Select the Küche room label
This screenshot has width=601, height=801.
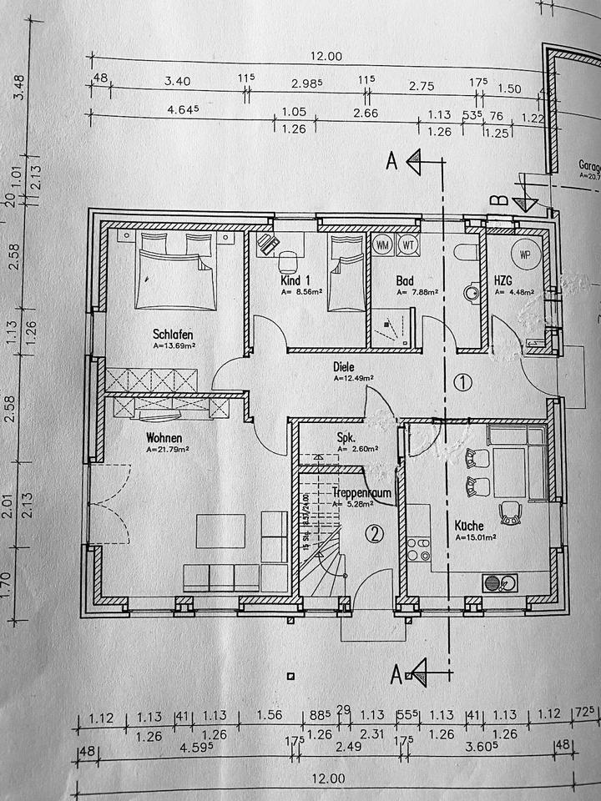(472, 526)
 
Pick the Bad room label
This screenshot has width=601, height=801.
(405, 281)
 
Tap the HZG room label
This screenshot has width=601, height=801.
(503, 281)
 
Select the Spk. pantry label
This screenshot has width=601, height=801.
(346, 436)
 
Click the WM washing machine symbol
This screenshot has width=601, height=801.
(383, 244)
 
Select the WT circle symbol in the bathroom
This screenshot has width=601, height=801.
(407, 244)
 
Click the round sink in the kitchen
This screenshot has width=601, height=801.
(491, 582)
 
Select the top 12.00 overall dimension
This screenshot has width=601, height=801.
(327, 57)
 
